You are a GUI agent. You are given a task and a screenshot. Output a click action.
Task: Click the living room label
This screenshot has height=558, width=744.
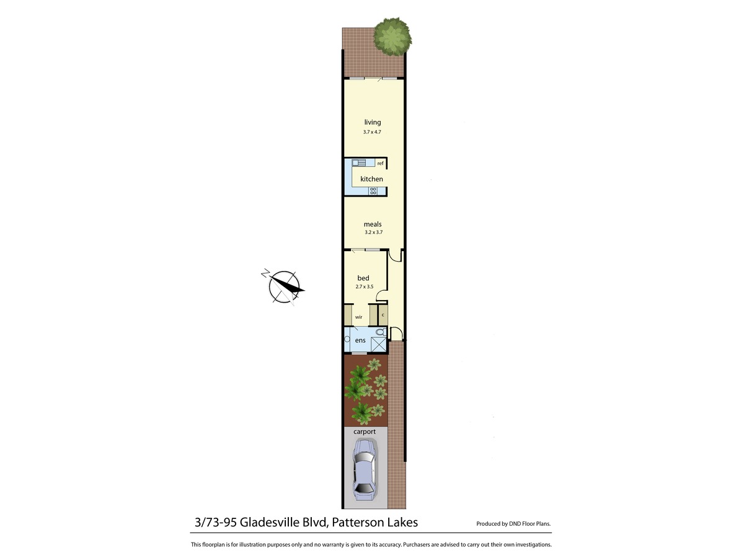tap(373, 122)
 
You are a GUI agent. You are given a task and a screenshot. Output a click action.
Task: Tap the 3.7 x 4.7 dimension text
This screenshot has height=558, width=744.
tap(373, 132)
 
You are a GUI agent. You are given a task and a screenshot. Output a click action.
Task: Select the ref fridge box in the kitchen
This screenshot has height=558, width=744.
tap(381, 163)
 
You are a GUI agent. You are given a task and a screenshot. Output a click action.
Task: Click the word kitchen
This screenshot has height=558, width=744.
tap(371, 179)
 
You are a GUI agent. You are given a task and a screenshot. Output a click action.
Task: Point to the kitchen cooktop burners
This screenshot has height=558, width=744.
tap(373, 191)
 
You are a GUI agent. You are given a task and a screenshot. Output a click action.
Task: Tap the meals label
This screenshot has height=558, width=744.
tap(373, 224)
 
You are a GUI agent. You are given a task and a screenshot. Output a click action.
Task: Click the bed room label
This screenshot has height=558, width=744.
tap(363, 278)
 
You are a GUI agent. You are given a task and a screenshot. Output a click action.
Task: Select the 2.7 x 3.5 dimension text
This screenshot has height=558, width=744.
tap(365, 287)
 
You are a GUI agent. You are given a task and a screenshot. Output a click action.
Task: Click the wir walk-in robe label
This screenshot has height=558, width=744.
tap(358, 317)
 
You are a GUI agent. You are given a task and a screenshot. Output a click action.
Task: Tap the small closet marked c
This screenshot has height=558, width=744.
tap(383, 315)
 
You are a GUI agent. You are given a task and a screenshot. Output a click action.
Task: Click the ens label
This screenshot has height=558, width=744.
tap(360, 341)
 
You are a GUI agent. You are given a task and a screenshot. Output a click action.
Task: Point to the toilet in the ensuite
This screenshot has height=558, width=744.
tap(380, 333)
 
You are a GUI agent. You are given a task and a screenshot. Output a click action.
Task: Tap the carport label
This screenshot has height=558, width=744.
tap(365, 432)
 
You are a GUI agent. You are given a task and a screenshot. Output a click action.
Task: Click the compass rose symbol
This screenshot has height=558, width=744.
tap(284, 287)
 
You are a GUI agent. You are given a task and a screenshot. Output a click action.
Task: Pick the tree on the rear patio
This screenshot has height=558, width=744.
tap(392, 36)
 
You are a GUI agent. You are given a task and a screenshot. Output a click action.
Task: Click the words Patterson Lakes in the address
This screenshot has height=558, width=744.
tap(375, 522)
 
